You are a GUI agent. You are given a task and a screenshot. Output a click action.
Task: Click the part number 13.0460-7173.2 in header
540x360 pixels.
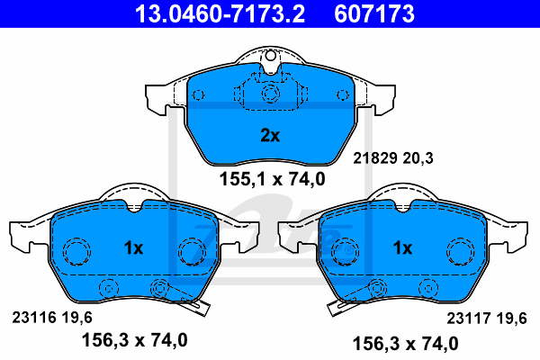click(220, 13)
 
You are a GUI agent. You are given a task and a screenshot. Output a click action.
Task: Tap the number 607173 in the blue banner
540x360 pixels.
click(374, 13)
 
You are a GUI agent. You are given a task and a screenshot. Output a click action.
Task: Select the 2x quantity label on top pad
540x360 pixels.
click(270, 135)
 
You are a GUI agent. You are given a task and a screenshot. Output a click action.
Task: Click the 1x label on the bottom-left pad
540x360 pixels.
click(133, 247)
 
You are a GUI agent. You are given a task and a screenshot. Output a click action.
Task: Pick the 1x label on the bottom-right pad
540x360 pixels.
click(402, 247)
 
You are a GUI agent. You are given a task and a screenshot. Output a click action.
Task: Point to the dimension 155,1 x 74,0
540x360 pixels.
click(272, 179)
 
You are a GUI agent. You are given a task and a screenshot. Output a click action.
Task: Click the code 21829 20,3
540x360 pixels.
click(393, 158)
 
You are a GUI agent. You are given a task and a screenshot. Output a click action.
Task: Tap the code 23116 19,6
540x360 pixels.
click(52, 318)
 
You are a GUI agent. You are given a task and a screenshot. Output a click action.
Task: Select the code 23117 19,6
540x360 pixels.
click(487, 318)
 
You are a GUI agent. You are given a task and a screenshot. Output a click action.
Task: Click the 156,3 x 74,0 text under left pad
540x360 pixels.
click(134, 340)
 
